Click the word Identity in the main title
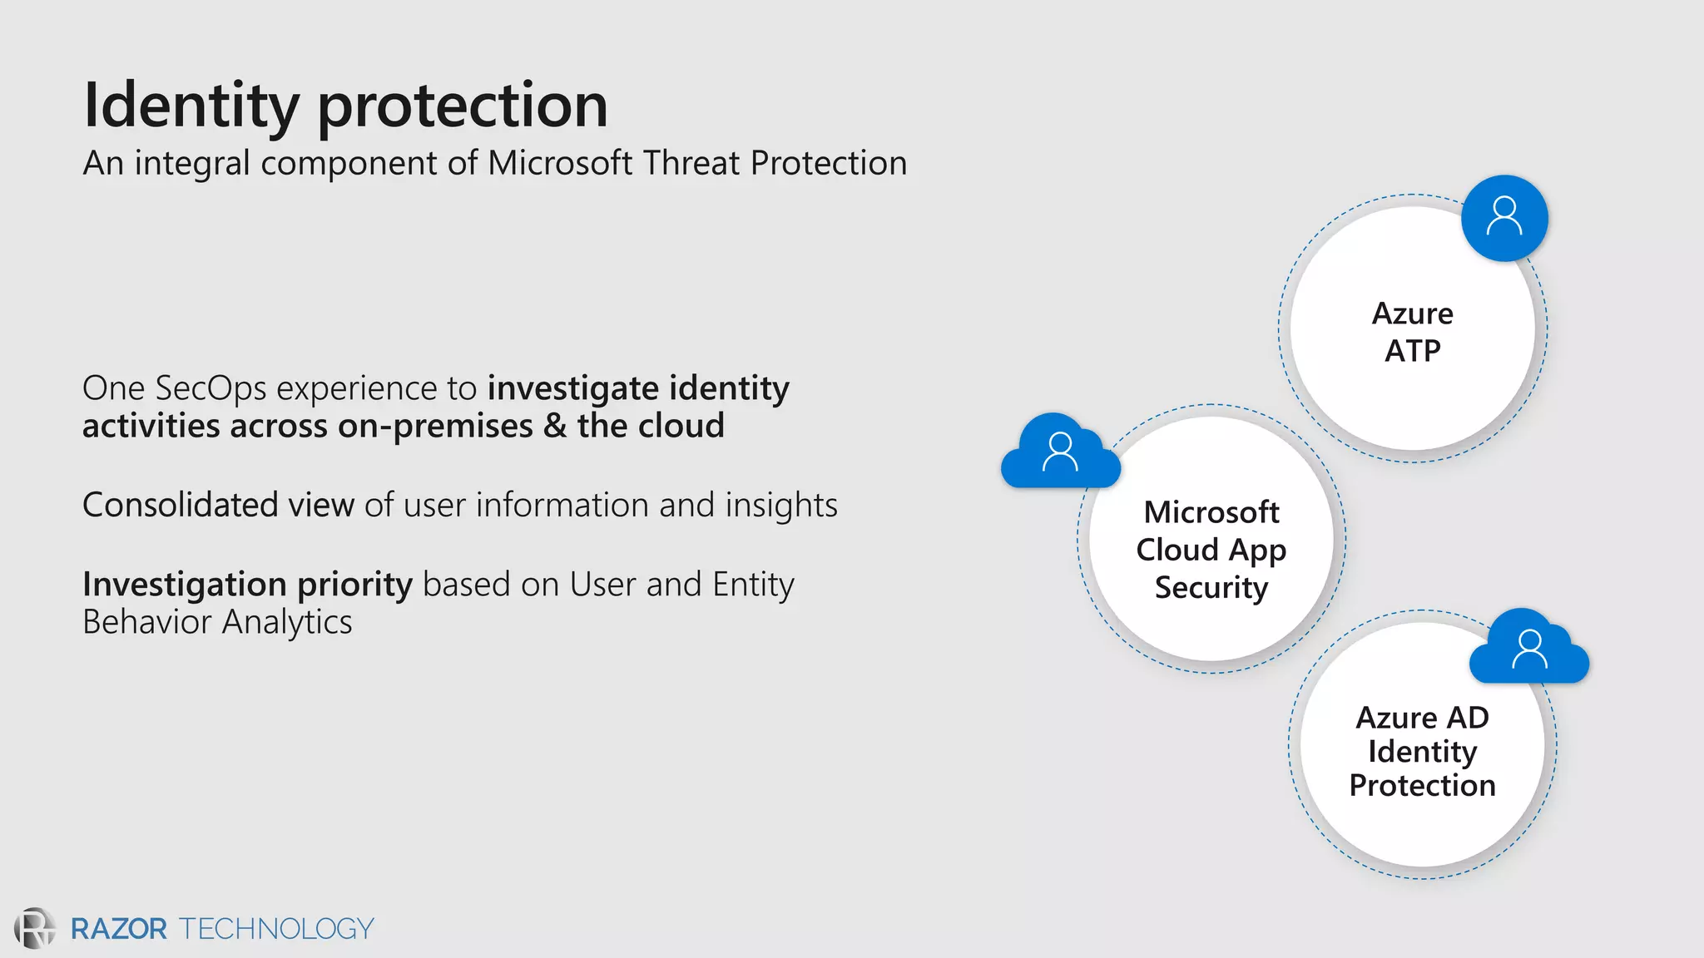click(191, 106)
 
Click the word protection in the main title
click(463, 106)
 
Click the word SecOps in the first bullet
click(211, 389)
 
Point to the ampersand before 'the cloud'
click(555, 426)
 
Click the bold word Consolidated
click(180, 505)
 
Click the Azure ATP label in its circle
click(1412, 332)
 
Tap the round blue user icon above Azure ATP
click(1504, 218)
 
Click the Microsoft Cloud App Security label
click(1211, 549)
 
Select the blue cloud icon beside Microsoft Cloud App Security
click(1059, 453)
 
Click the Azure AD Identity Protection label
click(1422, 751)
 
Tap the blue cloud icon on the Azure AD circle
click(1529, 649)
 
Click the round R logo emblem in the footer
click(34, 928)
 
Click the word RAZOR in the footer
click(119, 929)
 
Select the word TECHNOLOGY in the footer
click(276, 929)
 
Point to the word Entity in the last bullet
click(753, 585)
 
